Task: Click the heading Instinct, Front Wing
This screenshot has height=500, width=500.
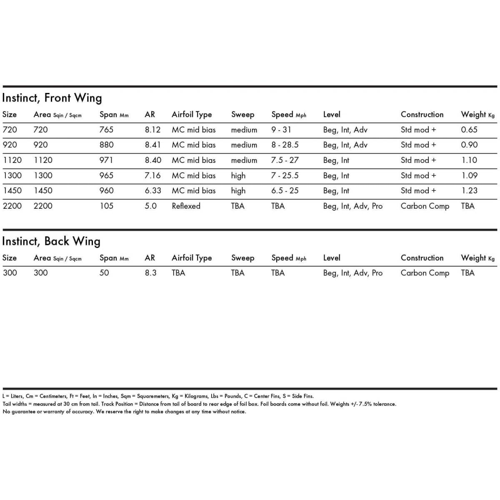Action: coord(52,98)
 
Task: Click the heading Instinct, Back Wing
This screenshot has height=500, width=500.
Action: coord(51,241)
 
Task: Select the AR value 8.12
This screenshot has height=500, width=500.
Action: coord(152,130)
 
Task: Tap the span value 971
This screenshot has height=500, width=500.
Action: coord(106,160)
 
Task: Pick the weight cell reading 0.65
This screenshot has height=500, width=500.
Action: coord(469,130)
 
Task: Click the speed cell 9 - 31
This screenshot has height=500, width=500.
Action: coord(281,130)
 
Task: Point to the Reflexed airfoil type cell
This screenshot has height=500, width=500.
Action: coord(186,206)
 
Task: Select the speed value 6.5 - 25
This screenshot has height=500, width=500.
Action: coord(285,190)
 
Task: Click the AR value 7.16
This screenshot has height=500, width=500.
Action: coord(152,175)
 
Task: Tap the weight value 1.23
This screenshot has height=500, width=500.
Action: coord(469,190)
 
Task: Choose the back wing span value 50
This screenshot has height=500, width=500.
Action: coord(104,273)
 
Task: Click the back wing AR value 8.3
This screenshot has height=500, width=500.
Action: coord(151,273)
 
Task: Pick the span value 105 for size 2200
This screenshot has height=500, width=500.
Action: coord(106,206)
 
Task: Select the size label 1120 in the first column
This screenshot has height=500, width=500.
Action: coord(12,160)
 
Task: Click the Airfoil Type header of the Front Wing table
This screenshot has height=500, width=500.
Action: coord(192,115)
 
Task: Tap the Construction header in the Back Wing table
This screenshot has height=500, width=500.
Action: coord(422,258)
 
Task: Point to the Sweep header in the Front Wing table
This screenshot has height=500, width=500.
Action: coord(242,115)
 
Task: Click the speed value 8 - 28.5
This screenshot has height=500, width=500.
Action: coord(285,145)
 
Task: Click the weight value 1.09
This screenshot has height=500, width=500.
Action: coord(469,175)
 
